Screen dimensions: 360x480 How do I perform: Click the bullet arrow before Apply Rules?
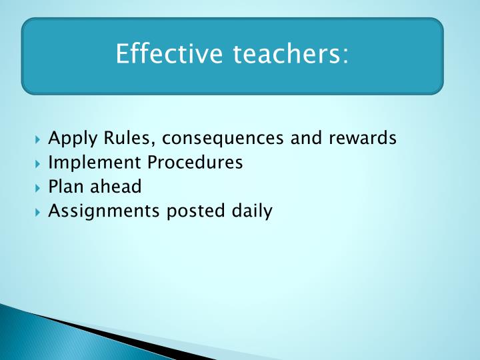(39, 139)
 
